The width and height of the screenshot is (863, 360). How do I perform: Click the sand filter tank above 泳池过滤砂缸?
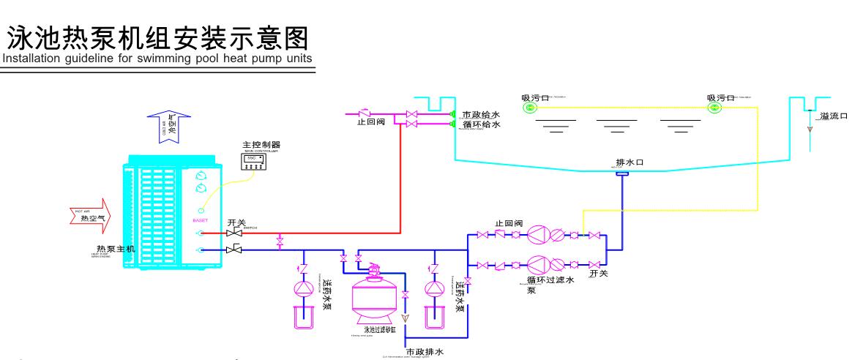376,296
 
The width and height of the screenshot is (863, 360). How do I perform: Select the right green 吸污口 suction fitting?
714,108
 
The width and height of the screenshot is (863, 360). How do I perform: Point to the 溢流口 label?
834,116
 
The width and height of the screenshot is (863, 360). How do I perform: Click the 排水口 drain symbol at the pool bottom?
622,173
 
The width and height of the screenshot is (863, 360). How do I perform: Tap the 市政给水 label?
481,115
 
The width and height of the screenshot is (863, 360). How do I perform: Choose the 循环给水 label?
481,125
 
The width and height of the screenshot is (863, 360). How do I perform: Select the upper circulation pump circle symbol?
538,234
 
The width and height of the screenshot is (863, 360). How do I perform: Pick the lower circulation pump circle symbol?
538,263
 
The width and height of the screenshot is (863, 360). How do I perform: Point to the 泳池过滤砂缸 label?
376,329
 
